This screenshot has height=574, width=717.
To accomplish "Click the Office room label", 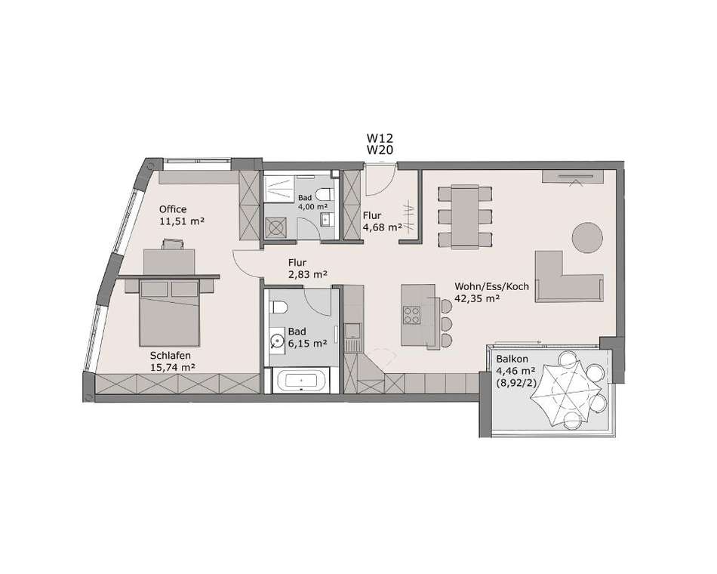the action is [x=173, y=209].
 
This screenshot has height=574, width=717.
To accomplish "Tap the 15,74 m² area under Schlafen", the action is [x=173, y=366].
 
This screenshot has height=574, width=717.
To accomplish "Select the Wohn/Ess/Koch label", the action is [x=491, y=286].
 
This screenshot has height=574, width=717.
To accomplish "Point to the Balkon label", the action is [x=512, y=360].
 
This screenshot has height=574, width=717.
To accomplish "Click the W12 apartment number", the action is [x=380, y=137].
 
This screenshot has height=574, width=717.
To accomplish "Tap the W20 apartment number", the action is [x=380, y=150].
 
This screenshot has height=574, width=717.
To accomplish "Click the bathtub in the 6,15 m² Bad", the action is [x=300, y=381].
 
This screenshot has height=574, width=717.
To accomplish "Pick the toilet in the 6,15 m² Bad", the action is [x=278, y=307].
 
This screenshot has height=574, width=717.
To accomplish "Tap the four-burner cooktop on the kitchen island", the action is [x=411, y=315].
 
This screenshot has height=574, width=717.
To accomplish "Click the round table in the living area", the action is [x=587, y=237].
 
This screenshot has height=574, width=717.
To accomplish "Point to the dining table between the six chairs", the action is [x=465, y=217].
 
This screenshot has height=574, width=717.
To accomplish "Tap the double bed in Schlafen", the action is [x=169, y=314].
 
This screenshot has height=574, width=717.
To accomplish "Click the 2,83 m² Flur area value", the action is [x=307, y=275].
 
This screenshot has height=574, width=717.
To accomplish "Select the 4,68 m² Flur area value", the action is [x=383, y=227].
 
